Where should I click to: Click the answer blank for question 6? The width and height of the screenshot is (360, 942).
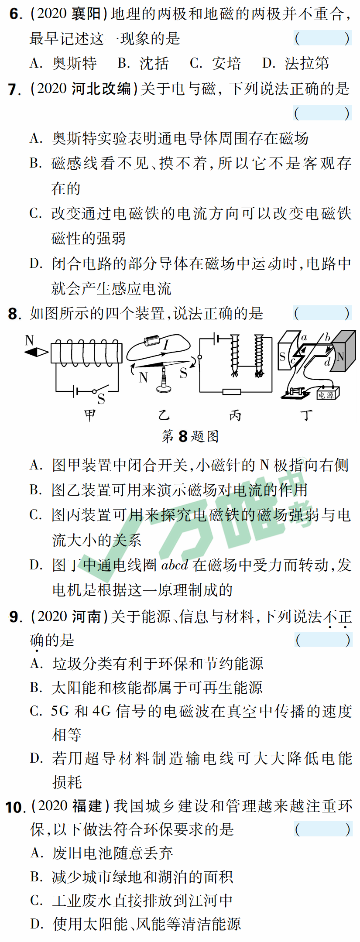click(322, 38)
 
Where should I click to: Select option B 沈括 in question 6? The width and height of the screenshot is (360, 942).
click(143, 64)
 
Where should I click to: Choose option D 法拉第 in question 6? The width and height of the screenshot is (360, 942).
click(296, 64)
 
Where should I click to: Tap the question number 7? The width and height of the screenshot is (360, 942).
click(14, 89)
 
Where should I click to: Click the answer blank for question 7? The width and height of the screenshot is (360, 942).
click(322, 113)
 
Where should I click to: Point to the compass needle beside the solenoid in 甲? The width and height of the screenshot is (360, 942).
click(37, 352)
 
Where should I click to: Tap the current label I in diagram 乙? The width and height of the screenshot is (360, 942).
click(166, 345)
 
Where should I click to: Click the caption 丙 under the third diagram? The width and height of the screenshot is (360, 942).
click(235, 416)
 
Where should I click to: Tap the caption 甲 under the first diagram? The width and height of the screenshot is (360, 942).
click(90, 415)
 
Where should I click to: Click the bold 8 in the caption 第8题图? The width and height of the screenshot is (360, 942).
click(183, 436)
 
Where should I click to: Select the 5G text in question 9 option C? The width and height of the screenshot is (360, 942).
click(60, 711)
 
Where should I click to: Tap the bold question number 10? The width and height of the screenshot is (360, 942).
click(15, 807)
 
